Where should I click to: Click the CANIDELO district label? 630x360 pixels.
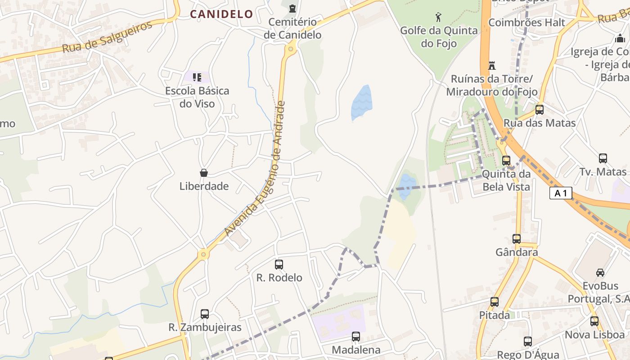(x=221, y=14)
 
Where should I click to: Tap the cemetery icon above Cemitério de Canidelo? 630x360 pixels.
(x=292, y=8)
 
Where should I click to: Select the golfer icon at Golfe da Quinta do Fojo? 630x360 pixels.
(x=438, y=18)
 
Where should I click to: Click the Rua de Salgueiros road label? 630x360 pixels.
(x=107, y=37)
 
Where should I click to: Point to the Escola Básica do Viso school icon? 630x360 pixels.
(x=197, y=77)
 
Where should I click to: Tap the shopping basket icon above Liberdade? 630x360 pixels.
(x=204, y=173)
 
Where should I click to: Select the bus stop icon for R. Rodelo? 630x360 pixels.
(x=279, y=265)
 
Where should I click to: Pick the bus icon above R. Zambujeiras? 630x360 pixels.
(x=205, y=314)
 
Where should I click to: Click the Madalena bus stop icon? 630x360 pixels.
(x=356, y=337)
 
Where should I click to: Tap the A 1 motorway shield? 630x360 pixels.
(x=561, y=193)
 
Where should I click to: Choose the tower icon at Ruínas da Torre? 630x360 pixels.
(x=492, y=66)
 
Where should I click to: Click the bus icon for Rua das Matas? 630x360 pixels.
(x=539, y=110)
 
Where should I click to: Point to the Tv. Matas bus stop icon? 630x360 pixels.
(x=603, y=158)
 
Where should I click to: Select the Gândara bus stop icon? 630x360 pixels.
(x=517, y=239)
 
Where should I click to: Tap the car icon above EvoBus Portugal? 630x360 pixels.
(x=600, y=272)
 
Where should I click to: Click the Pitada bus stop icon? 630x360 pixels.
(x=495, y=302)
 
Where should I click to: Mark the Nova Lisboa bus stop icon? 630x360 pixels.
(x=594, y=321)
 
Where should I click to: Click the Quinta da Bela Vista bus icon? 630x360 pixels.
(x=506, y=161)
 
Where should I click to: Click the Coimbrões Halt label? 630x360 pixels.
(x=526, y=22)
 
